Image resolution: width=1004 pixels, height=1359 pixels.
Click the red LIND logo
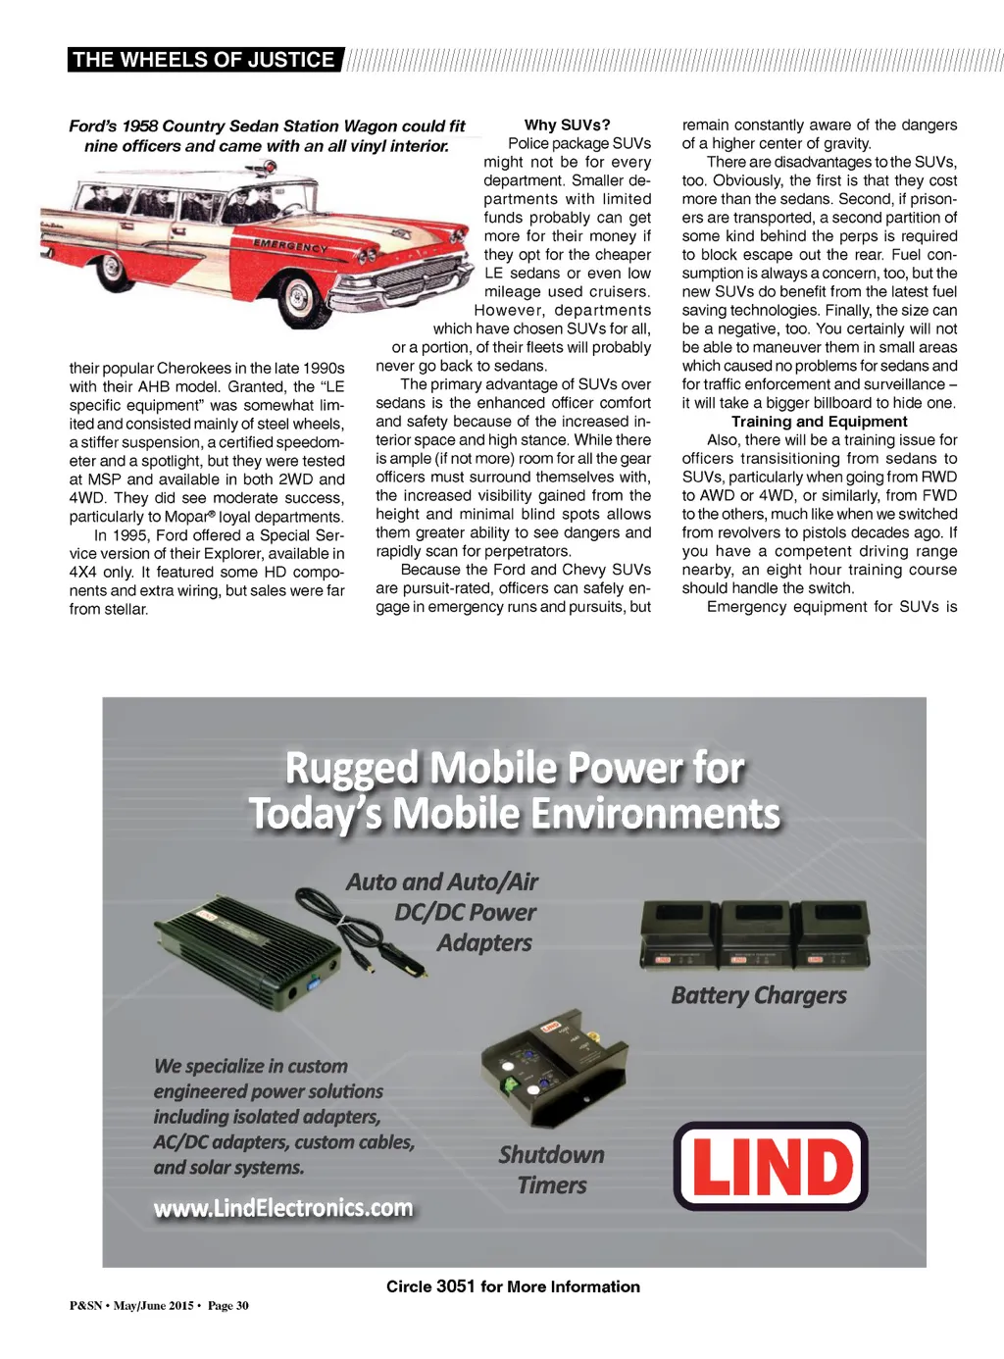tap(771, 1166)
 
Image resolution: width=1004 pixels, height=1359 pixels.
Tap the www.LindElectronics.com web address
tap(283, 1208)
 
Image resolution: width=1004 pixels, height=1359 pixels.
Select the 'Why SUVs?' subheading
tap(567, 125)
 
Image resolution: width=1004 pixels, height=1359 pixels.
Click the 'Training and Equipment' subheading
tap(819, 422)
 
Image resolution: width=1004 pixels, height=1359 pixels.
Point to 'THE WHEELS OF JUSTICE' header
tap(204, 60)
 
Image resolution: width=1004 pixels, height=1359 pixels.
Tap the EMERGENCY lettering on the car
tap(290, 245)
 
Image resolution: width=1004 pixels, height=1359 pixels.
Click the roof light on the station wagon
tap(263, 168)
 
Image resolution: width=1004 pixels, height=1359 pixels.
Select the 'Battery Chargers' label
tap(759, 995)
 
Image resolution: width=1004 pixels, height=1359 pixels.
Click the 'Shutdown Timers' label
tap(552, 1170)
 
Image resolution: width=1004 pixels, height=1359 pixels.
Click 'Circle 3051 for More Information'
tap(513, 1286)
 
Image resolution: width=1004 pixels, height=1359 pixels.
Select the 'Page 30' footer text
tap(228, 1306)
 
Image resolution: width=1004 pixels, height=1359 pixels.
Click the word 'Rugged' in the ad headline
tap(351, 769)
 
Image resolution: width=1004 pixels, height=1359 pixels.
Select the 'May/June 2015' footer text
tap(153, 1306)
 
